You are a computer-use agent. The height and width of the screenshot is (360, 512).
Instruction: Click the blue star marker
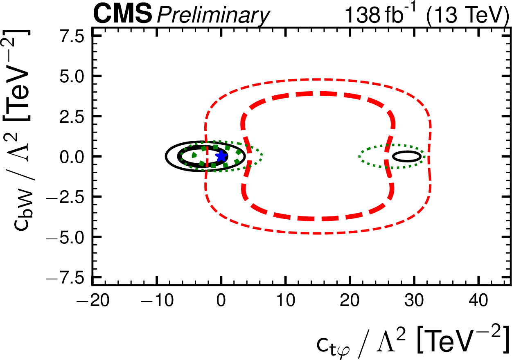[x=221, y=156]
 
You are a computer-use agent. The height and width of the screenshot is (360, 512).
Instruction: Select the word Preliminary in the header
[x=213, y=16]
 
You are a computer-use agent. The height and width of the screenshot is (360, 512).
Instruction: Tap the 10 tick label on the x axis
[x=285, y=302]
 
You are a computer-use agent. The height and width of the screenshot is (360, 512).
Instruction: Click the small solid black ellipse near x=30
[x=406, y=156]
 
